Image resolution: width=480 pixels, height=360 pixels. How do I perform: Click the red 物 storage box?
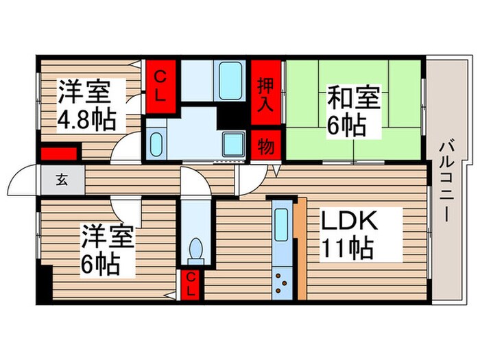266,145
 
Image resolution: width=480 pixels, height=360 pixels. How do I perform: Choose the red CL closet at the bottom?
193,284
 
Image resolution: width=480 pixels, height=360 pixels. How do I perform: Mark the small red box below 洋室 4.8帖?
58,154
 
